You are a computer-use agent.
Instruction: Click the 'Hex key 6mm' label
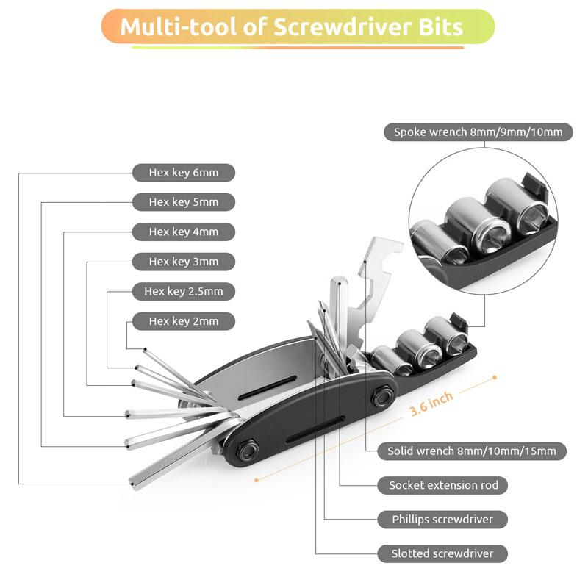point(184,173)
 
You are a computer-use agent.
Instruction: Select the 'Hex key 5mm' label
point(184,202)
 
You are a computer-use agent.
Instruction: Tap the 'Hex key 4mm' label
point(184,232)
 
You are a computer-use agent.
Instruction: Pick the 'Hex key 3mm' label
point(184,262)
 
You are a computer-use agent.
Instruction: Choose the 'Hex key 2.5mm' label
point(184,291)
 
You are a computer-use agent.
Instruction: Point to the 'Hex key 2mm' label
point(184,321)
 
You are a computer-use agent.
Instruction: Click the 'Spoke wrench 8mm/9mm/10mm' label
point(478,132)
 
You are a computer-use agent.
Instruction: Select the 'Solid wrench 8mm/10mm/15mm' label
point(472,451)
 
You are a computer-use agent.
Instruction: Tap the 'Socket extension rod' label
point(443,485)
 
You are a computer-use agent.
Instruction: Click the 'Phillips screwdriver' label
point(443,520)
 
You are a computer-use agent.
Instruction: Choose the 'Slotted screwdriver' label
point(443,553)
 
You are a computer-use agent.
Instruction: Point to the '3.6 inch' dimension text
point(431,404)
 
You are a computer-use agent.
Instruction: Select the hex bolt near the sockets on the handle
point(382,395)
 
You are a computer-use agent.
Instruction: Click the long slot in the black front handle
point(315,429)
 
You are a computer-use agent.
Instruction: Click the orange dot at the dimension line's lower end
point(257,480)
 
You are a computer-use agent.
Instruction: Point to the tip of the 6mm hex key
point(132,484)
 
